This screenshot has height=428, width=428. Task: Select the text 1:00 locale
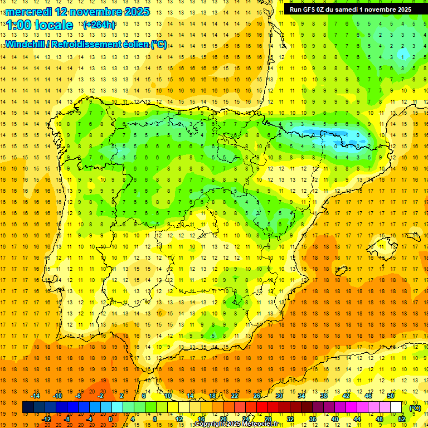coord(39,25)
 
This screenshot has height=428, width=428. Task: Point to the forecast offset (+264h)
coord(99,25)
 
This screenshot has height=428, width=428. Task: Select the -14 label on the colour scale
coord(35,396)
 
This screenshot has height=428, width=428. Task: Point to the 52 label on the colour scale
coord(402,419)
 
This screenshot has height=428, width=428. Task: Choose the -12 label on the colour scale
coord(47,419)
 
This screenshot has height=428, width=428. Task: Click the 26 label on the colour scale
coord(257,396)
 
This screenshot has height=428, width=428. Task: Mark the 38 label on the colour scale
coord(323,396)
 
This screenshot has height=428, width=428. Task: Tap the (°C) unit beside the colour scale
coord(415,408)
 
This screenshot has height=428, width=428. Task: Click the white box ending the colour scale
coord(396,407)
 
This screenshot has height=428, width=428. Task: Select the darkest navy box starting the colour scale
coord(28,407)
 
